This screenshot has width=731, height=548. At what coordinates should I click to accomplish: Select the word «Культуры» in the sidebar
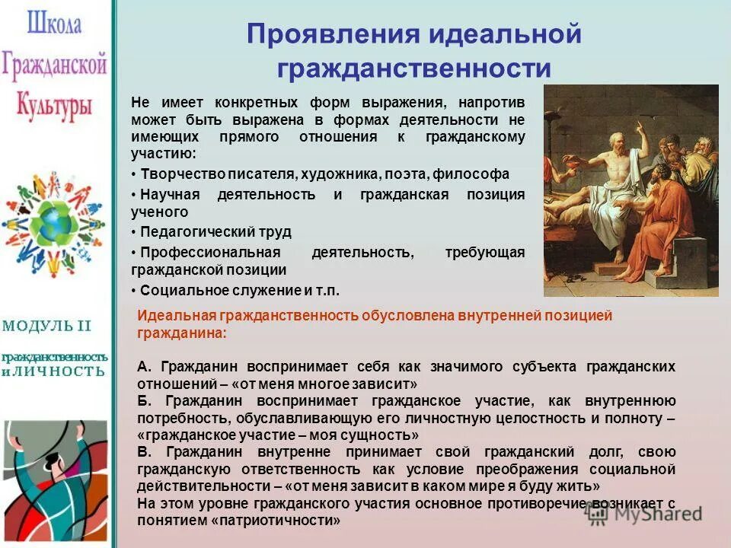[x=54, y=102]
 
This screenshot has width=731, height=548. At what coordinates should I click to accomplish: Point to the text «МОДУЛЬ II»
[x=46, y=326]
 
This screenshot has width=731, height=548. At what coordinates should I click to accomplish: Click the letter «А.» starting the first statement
[x=145, y=367]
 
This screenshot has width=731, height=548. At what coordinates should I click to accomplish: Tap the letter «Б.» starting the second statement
[x=145, y=400]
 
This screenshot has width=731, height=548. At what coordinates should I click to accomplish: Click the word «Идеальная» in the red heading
[x=176, y=315]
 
